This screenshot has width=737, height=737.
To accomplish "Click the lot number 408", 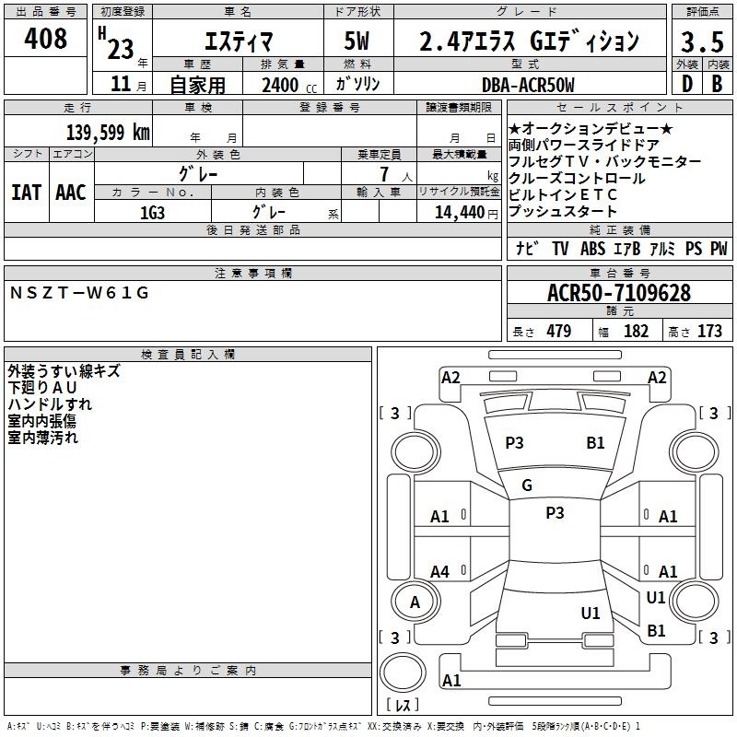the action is [x=45, y=38].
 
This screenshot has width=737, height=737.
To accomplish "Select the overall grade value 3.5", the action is [x=702, y=41].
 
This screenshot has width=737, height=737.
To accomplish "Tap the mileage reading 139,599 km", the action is [x=108, y=133].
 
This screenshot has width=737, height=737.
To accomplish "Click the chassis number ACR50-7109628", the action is [x=619, y=292].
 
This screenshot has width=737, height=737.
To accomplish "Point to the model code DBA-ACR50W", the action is [x=528, y=85].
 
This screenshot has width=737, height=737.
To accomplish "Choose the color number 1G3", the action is [x=152, y=213].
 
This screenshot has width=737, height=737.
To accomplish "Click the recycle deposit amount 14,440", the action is [x=460, y=213].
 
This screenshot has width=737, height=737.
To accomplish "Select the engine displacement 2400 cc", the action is [x=289, y=85].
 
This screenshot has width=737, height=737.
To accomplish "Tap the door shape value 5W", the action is [x=357, y=41].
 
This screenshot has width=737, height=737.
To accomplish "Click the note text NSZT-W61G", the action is [x=79, y=293].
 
